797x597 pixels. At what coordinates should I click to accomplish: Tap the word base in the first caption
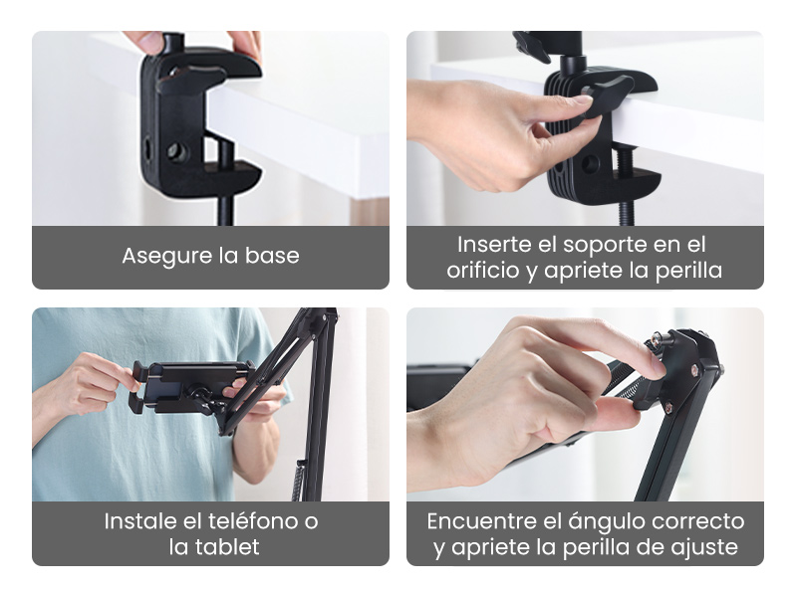click(x=271, y=256)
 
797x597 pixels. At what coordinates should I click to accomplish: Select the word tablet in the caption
click(x=229, y=547)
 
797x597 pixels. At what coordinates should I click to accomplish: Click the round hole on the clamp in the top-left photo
click(x=177, y=151)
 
